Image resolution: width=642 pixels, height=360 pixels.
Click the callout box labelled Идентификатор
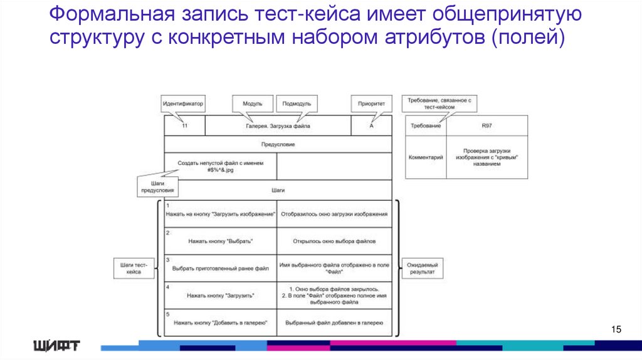183,103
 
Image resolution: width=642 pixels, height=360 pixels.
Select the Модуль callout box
248,103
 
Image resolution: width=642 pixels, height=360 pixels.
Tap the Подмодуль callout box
296,103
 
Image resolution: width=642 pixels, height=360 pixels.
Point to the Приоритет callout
371,103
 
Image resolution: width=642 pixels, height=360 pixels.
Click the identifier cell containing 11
184,125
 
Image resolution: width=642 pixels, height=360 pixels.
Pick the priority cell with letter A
371,125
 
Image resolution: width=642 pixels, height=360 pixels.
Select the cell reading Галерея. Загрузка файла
277,125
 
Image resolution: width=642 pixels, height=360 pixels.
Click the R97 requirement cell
487,125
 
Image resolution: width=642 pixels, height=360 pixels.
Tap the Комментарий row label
426,157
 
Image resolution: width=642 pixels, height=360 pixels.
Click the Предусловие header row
278,144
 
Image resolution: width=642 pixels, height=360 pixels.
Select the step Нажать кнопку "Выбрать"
220,241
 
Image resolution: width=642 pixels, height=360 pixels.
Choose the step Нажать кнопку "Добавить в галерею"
220,322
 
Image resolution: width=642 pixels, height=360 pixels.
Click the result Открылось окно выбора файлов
334,241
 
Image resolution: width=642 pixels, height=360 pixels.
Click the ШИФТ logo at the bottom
56,344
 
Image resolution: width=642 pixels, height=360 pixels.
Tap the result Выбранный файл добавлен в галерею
334,322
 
